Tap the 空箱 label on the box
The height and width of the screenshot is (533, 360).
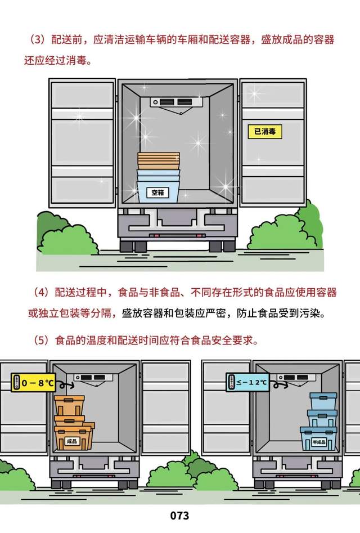(158, 192)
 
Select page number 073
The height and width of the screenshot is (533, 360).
(179, 516)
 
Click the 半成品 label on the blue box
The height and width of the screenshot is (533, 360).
(318, 441)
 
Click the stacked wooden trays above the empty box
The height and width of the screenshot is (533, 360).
(158, 162)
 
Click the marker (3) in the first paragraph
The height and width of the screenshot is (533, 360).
(37, 41)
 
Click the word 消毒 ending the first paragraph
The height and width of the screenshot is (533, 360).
(80, 59)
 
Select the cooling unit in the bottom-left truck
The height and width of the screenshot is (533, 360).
(92, 377)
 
